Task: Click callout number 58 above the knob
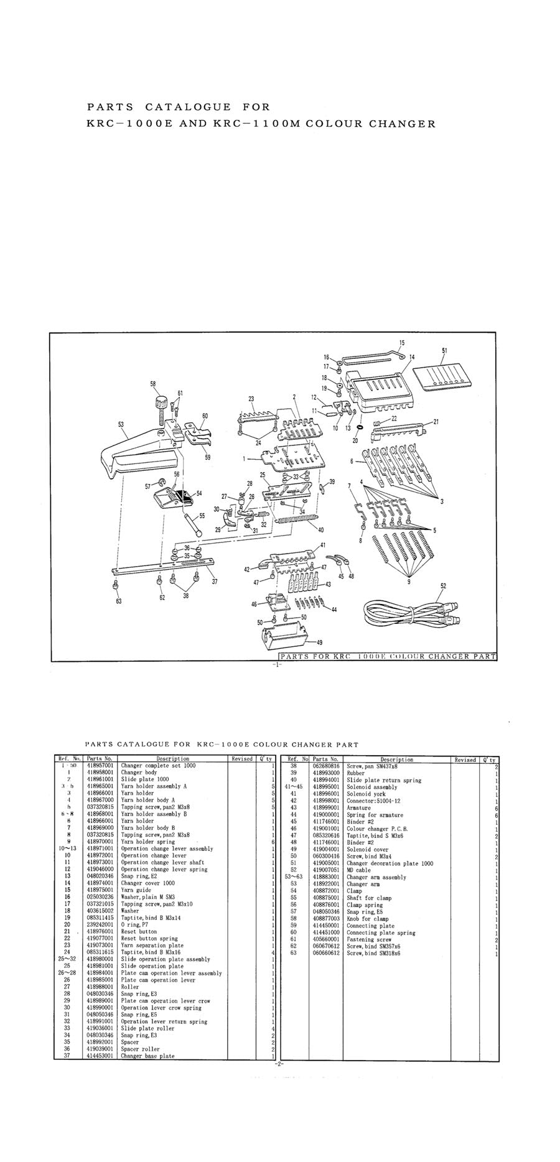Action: pos(152,384)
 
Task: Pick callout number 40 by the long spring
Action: pos(320,530)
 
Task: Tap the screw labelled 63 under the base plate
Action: pos(116,585)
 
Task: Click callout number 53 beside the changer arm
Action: pos(120,425)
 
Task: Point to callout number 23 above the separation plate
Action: pos(251,399)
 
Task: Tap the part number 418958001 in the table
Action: pos(100,773)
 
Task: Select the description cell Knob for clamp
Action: pos(367,919)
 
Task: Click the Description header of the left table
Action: pos(172,759)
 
